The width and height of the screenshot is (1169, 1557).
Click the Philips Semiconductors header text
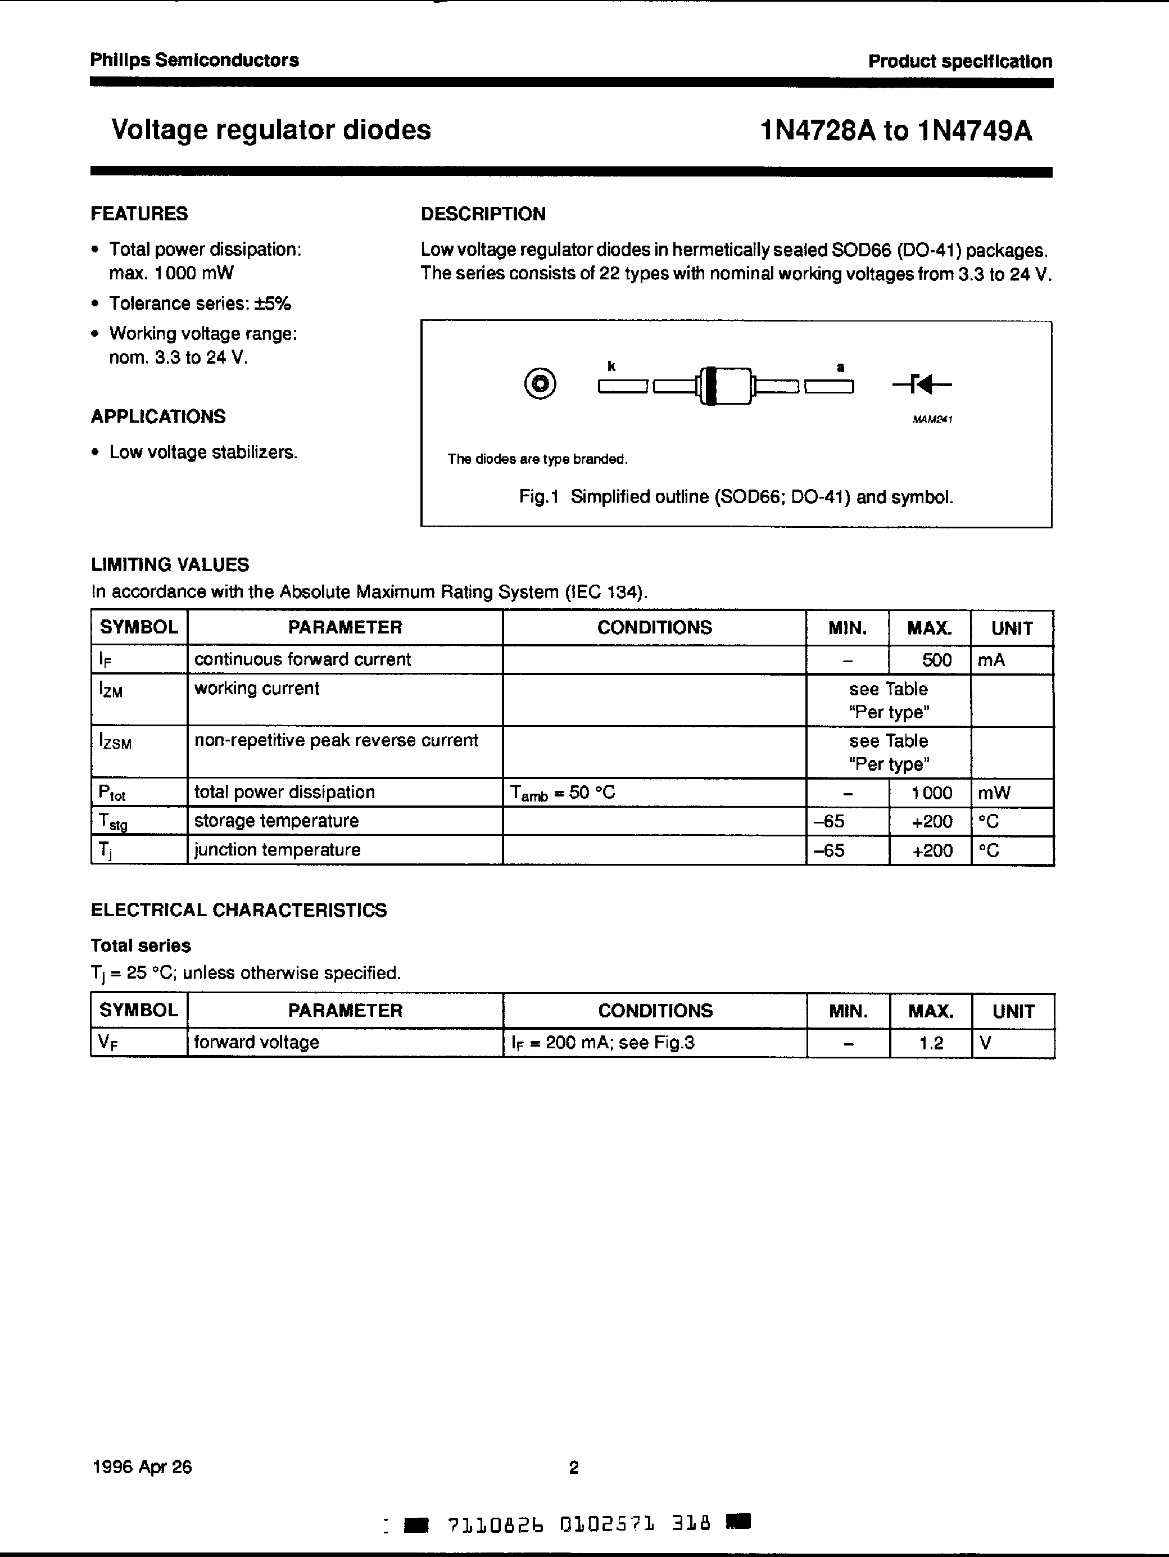click(194, 61)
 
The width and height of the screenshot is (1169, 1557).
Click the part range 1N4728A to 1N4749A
click(896, 131)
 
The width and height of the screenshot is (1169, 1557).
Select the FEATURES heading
click(139, 214)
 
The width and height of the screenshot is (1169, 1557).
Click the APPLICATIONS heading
click(158, 417)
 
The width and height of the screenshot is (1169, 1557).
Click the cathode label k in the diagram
click(611, 366)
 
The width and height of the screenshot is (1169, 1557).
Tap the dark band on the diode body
click(710, 386)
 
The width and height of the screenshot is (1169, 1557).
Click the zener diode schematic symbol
click(922, 384)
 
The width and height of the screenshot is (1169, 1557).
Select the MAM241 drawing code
click(932, 419)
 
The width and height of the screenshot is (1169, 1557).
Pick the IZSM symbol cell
click(115, 741)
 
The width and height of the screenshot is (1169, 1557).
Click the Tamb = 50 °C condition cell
click(563, 793)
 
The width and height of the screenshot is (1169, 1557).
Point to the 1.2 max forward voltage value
click(931, 1043)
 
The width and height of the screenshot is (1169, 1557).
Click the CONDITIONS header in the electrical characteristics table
click(655, 1011)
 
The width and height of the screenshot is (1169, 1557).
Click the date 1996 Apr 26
click(142, 1467)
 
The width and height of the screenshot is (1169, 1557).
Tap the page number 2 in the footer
click(574, 1468)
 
